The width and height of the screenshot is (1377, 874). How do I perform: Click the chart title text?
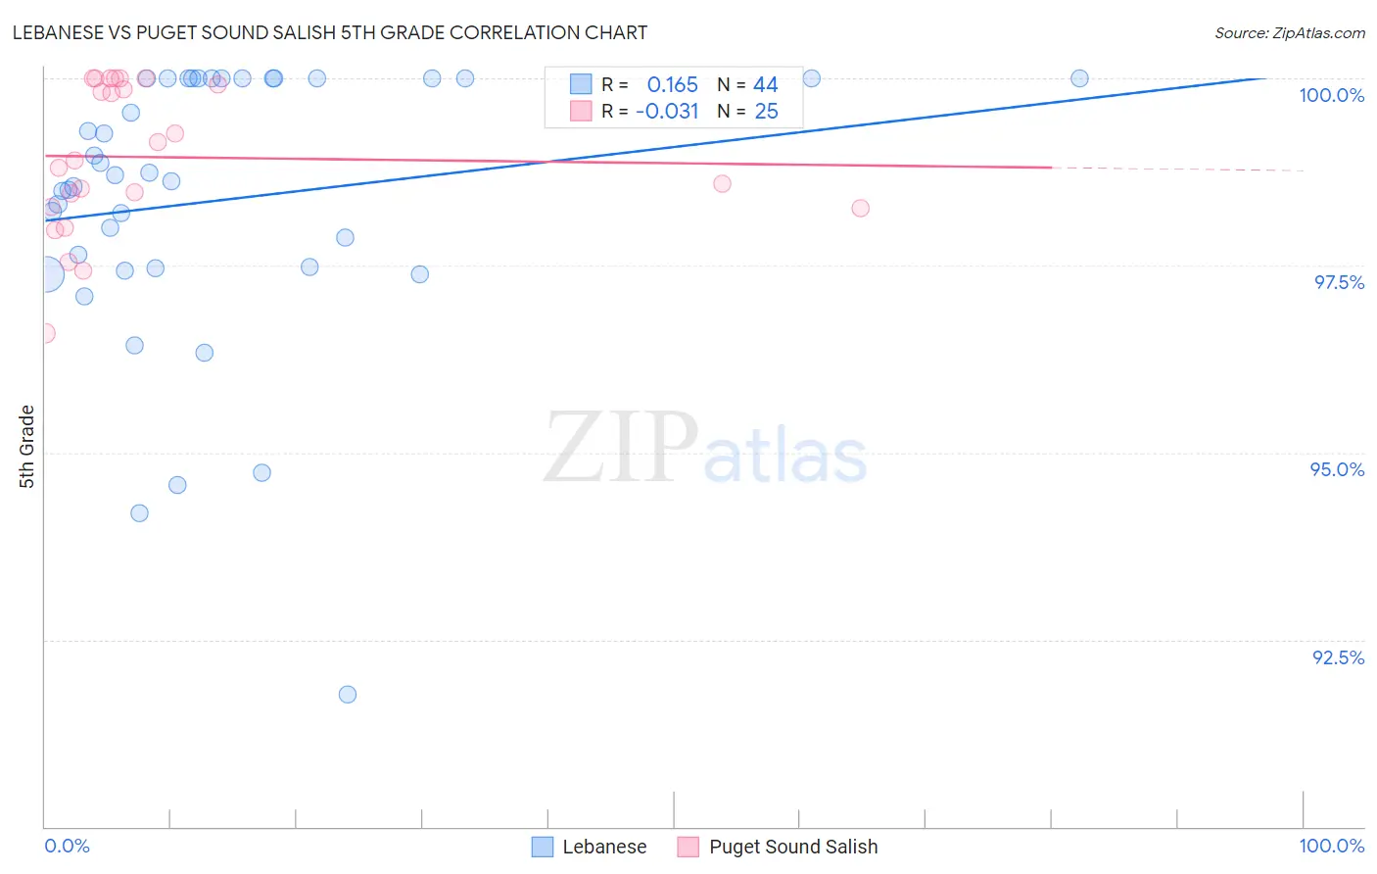point(329,32)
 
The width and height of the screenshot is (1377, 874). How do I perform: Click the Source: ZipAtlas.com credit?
point(1289,32)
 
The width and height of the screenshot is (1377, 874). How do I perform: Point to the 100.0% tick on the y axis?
point(1331,95)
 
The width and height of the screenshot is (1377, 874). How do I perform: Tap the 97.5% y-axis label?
point(1338,282)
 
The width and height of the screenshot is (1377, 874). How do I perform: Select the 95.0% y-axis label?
point(1337,469)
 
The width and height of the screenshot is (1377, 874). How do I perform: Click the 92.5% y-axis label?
point(1338,657)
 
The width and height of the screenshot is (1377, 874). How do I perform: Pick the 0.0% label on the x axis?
point(67,846)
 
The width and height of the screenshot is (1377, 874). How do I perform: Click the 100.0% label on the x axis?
point(1331,846)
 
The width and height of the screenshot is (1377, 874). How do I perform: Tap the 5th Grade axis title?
point(26,446)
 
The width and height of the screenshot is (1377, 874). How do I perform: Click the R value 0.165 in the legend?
point(672,84)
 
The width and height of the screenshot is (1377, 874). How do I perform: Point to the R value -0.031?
point(667,111)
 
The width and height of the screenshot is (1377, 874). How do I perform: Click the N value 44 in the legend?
point(765,84)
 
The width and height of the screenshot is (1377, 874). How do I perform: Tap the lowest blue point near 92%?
point(348,695)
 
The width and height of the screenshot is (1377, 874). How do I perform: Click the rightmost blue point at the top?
point(1079,78)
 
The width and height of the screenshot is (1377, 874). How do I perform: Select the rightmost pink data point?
point(860,208)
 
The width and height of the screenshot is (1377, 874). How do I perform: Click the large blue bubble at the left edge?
point(45,275)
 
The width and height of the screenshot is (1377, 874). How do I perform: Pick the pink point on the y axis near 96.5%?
point(45,333)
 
